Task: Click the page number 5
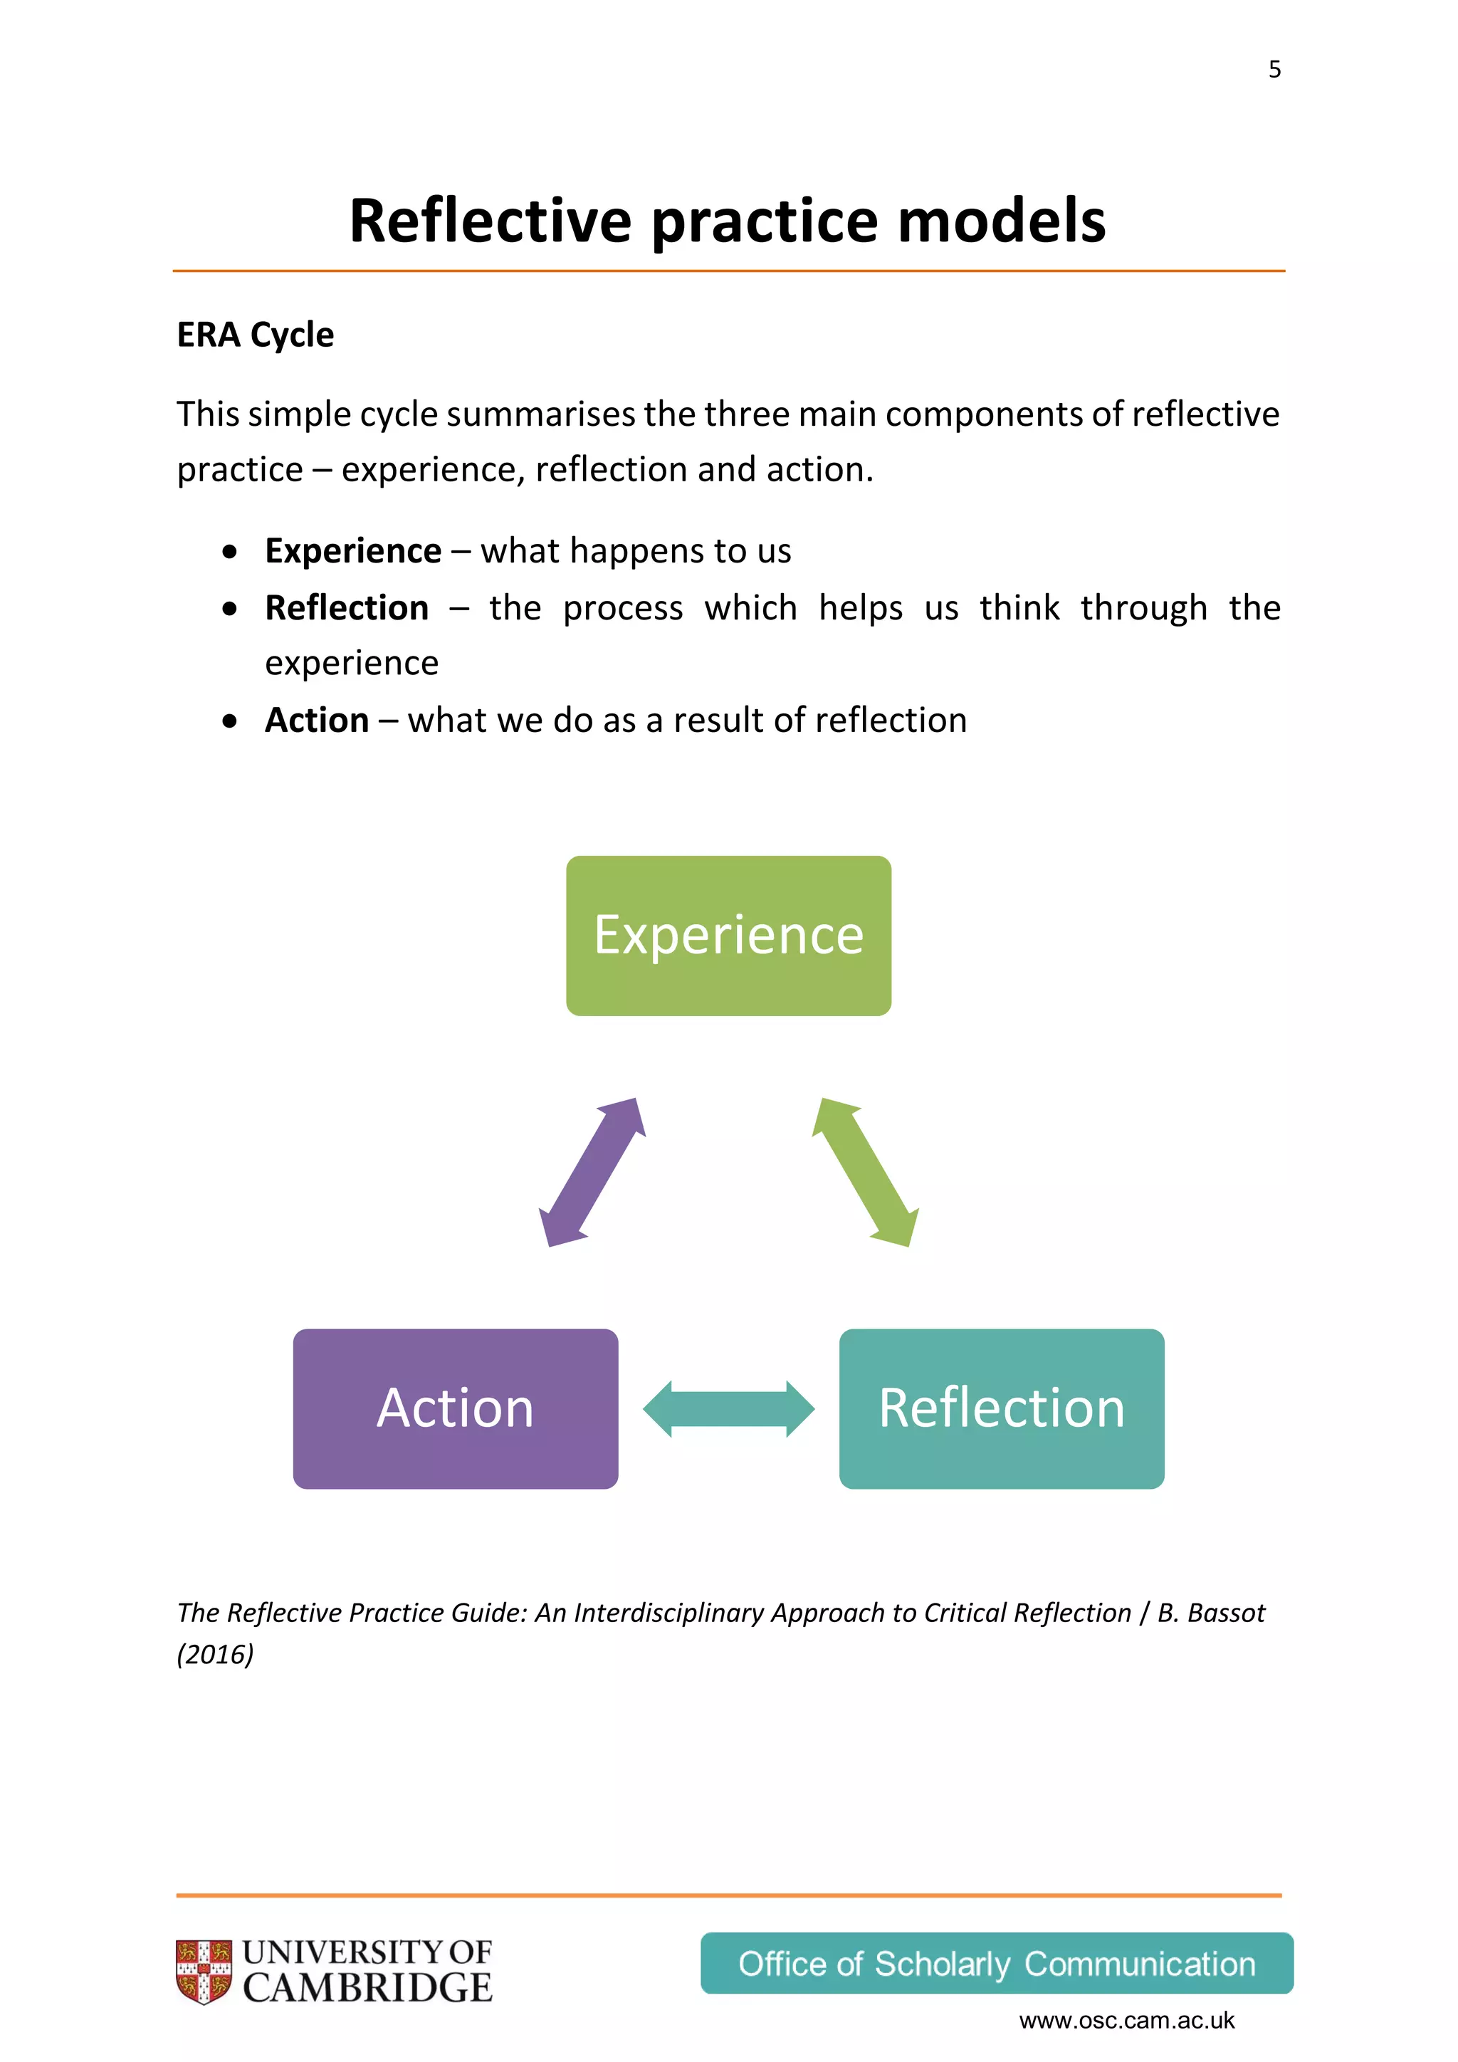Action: point(1274,70)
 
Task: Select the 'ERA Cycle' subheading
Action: point(255,335)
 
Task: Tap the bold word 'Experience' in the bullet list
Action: point(353,550)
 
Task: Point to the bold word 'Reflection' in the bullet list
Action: point(347,608)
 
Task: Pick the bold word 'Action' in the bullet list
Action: point(317,721)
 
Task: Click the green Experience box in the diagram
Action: point(728,935)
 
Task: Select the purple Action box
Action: point(455,1408)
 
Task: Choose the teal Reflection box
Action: point(1001,1408)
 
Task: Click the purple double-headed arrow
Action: point(592,1172)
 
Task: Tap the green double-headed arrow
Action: point(866,1172)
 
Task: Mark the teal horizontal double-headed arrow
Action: point(728,1409)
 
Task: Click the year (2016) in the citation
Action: point(216,1654)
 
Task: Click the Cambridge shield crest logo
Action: point(204,1972)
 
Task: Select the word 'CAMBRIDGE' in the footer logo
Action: point(367,1989)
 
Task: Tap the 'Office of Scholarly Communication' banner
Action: point(997,1964)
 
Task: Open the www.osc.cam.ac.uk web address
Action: point(1127,2021)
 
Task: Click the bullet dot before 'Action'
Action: point(231,721)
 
